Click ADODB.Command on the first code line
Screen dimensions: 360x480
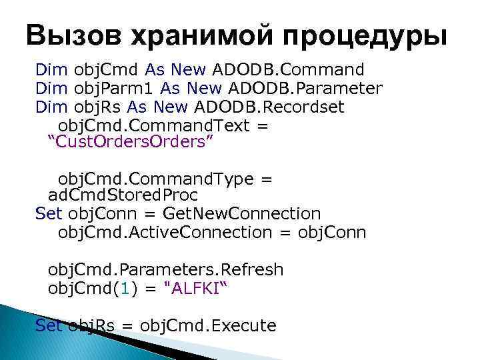288,69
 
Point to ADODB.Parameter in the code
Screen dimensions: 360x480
305,88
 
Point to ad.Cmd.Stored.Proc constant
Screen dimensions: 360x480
123,196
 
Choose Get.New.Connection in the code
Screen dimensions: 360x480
242,214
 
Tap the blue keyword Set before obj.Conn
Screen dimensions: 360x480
48,214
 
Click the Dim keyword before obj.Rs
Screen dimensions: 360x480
51,107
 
